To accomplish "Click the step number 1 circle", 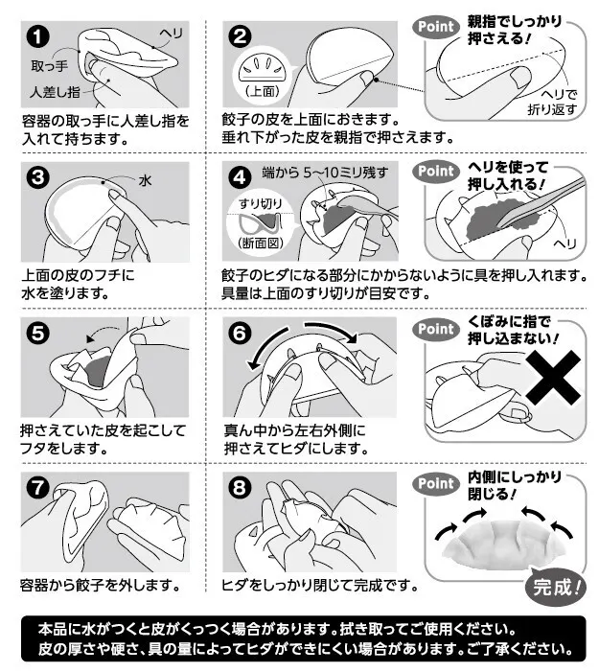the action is (38, 36).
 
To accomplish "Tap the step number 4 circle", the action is (240, 177).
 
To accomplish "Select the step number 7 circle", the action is (38, 487).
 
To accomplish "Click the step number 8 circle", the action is (240, 487).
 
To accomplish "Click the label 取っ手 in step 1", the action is (49, 65).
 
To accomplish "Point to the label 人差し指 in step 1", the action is (55, 92).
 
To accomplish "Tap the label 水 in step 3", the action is (146, 180).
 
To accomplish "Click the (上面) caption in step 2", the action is (263, 91).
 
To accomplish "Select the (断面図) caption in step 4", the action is (261, 243).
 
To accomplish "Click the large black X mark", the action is (553, 377).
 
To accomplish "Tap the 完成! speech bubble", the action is (556, 587).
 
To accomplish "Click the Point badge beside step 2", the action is (435, 27).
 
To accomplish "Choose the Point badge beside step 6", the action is (435, 329).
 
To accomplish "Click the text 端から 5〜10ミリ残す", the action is (325, 173).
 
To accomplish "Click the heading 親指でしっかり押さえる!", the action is (514, 30).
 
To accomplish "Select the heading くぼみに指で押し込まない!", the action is (514, 330).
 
